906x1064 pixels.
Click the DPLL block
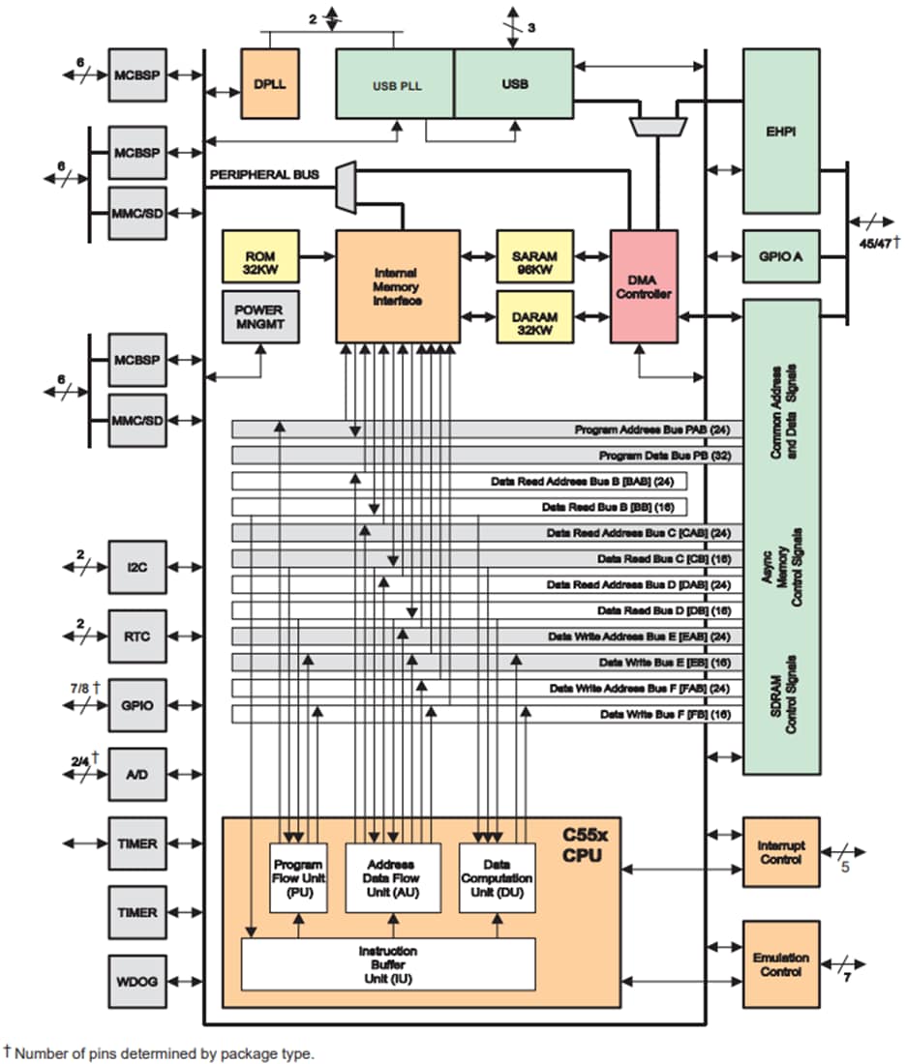click(x=269, y=83)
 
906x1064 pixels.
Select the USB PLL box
click(x=395, y=85)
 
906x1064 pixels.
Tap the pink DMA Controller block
click(x=643, y=286)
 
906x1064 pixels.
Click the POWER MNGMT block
click(x=260, y=316)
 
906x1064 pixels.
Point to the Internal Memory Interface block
click(x=398, y=286)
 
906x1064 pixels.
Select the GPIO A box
click(x=781, y=256)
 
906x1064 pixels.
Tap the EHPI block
click(x=781, y=131)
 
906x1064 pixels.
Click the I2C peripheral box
click(x=137, y=567)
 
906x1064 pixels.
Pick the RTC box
click(x=137, y=636)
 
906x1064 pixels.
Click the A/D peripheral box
click(x=137, y=776)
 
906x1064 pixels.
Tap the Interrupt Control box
click(x=780, y=852)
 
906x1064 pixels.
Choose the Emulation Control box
click(x=780, y=964)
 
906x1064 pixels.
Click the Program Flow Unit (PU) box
click(x=299, y=877)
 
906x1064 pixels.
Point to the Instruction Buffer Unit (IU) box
click(x=388, y=963)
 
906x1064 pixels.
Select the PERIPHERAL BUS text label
click(x=263, y=175)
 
